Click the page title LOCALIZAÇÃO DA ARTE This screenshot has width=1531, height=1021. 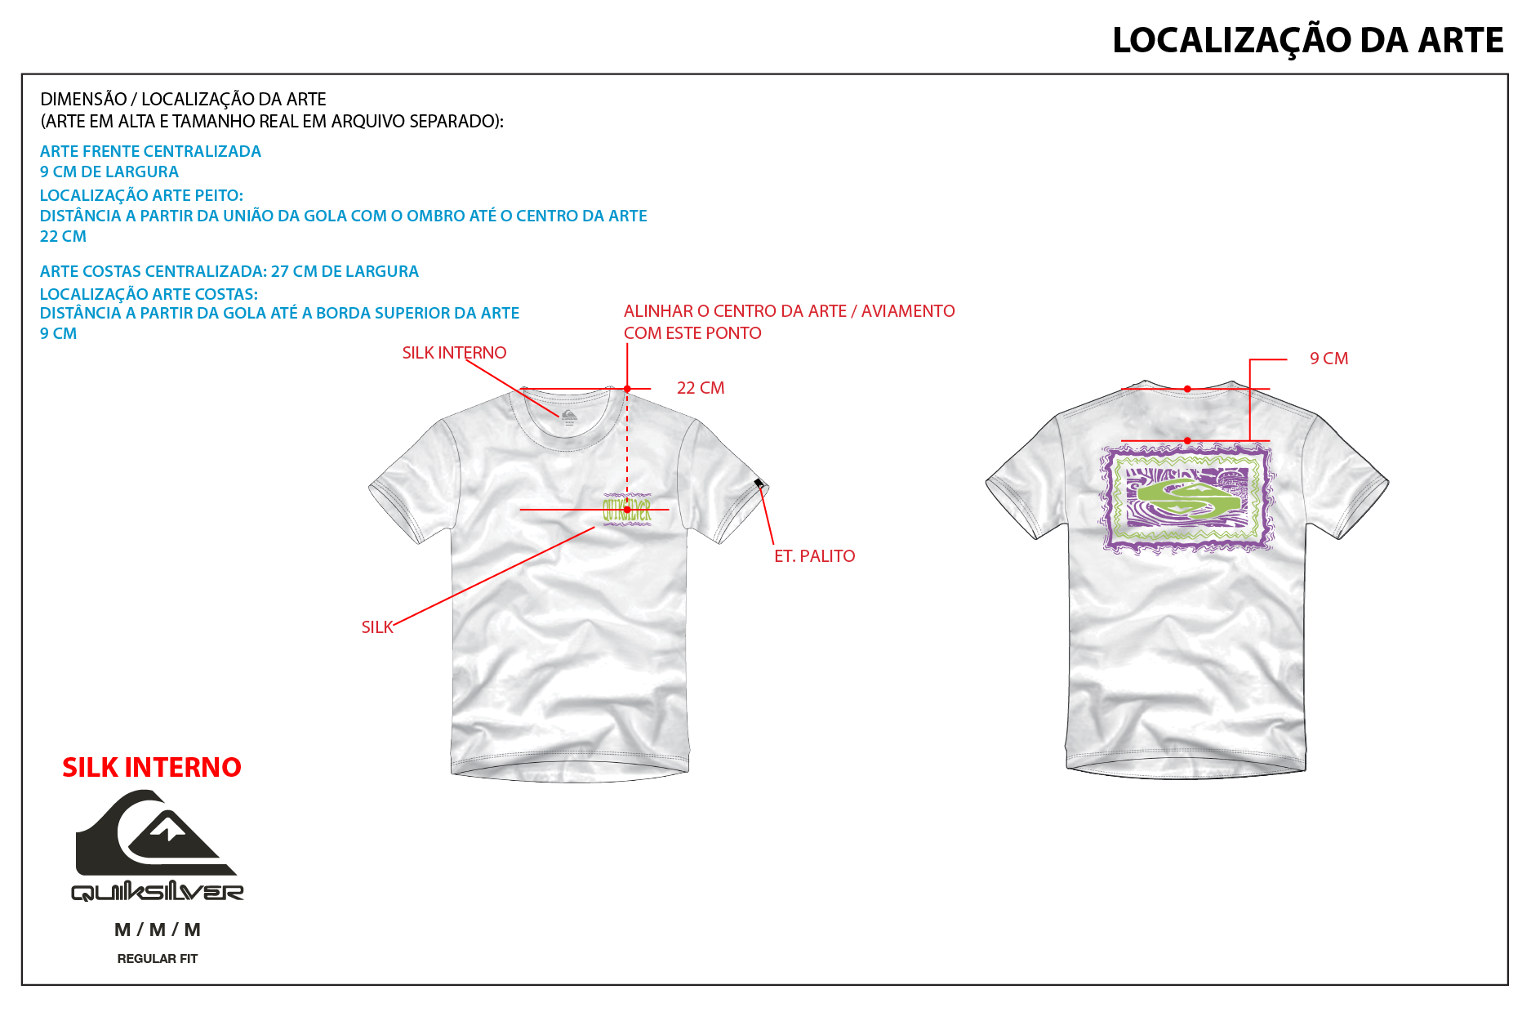[x=1307, y=41]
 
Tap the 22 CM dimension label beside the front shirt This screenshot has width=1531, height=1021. [x=701, y=388]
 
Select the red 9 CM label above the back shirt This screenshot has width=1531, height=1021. [x=1328, y=359]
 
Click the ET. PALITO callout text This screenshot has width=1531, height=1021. [x=814, y=556]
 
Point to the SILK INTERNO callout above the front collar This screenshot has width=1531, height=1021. [x=454, y=353]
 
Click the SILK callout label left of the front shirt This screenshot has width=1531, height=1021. [x=377, y=627]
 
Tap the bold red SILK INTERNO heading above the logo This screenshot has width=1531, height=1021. [x=152, y=768]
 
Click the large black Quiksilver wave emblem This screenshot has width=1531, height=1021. [x=155, y=832]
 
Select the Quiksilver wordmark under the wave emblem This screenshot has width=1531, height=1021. [x=158, y=892]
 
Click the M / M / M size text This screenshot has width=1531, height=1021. [x=158, y=930]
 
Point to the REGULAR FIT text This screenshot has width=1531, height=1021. [x=158, y=959]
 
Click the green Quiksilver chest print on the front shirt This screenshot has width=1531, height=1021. [x=627, y=510]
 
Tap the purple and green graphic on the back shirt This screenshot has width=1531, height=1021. [x=1187, y=498]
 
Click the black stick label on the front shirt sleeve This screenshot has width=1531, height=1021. [x=759, y=484]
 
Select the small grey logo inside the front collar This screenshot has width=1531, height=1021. [x=568, y=417]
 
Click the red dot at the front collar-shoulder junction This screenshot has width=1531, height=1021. [x=627, y=389]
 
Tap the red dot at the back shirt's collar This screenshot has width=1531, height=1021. [x=1187, y=389]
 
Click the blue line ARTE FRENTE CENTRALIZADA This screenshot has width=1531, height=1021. [x=150, y=152]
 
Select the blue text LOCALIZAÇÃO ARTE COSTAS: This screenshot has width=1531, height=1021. [x=149, y=294]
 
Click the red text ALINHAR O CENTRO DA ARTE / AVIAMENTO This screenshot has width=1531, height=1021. [x=789, y=311]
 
